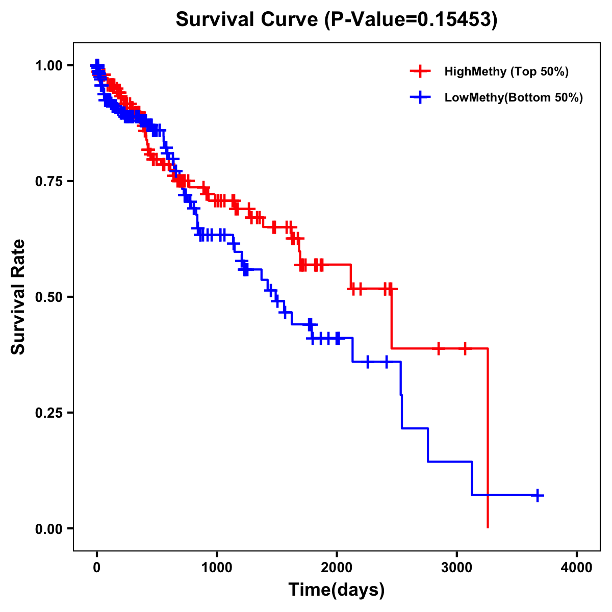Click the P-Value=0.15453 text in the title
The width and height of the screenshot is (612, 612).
pos(412,19)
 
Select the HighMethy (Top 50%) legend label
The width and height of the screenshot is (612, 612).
pos(506,71)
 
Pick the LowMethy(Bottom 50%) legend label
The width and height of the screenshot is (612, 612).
pos(514,97)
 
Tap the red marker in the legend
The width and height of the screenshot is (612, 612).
pos(420,71)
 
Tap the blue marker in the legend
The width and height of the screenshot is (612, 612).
pos(420,97)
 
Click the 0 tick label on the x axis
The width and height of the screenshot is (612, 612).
pos(97,567)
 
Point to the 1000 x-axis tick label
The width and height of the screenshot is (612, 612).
pos(217,567)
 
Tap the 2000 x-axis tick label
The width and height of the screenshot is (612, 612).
pos(337,567)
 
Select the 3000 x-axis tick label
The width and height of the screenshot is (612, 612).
pos(457,567)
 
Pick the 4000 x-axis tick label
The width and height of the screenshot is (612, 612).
pos(577,567)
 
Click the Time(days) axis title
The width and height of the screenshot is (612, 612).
pos(337,590)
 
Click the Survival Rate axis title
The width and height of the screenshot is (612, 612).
pos(18,297)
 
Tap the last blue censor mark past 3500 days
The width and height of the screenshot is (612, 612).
pos(538,495)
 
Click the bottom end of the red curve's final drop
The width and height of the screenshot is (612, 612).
pos(488,527)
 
